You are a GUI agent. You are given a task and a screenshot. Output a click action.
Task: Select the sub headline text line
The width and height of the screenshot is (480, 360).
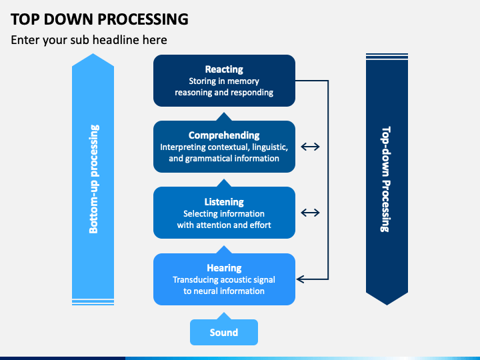(x=89, y=40)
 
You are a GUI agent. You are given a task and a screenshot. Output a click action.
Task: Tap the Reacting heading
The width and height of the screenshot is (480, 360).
(x=224, y=69)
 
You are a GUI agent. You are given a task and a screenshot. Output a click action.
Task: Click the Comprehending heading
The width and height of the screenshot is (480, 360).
(x=224, y=135)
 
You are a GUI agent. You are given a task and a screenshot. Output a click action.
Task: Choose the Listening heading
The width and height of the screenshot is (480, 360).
(x=224, y=202)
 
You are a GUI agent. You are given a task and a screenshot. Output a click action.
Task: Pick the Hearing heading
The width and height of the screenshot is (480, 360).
(x=224, y=268)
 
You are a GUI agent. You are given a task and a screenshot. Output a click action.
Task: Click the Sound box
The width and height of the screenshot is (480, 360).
(x=224, y=332)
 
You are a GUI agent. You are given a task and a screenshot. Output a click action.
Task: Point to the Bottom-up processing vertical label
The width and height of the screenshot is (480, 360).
(x=93, y=179)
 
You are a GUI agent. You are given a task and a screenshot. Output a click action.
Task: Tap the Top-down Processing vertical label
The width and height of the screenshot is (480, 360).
(x=386, y=179)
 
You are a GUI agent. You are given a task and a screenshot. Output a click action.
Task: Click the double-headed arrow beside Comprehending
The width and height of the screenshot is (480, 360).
(x=310, y=147)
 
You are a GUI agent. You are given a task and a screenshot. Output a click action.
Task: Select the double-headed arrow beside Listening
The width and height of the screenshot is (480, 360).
(x=310, y=213)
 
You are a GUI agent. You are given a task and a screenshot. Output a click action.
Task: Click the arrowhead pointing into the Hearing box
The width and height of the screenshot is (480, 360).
(x=300, y=279)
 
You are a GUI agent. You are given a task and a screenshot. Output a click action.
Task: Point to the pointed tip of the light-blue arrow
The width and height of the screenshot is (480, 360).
(x=93, y=54)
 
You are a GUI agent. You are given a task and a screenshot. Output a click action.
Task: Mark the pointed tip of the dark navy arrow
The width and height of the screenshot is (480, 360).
(x=387, y=305)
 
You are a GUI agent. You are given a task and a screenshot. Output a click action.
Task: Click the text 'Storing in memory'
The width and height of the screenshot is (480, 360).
(x=224, y=81)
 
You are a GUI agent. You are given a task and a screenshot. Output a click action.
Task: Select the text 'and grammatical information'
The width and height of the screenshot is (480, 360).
(x=224, y=159)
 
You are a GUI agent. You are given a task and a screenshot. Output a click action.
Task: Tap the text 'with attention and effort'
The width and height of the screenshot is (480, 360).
(x=224, y=225)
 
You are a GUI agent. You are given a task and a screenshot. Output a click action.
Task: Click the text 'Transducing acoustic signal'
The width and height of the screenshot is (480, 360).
(x=224, y=280)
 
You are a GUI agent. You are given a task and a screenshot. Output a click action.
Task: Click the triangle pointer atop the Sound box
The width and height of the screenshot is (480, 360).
(x=224, y=316)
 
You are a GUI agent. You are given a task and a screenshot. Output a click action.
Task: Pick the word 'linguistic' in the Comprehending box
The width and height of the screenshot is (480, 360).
(x=270, y=147)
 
